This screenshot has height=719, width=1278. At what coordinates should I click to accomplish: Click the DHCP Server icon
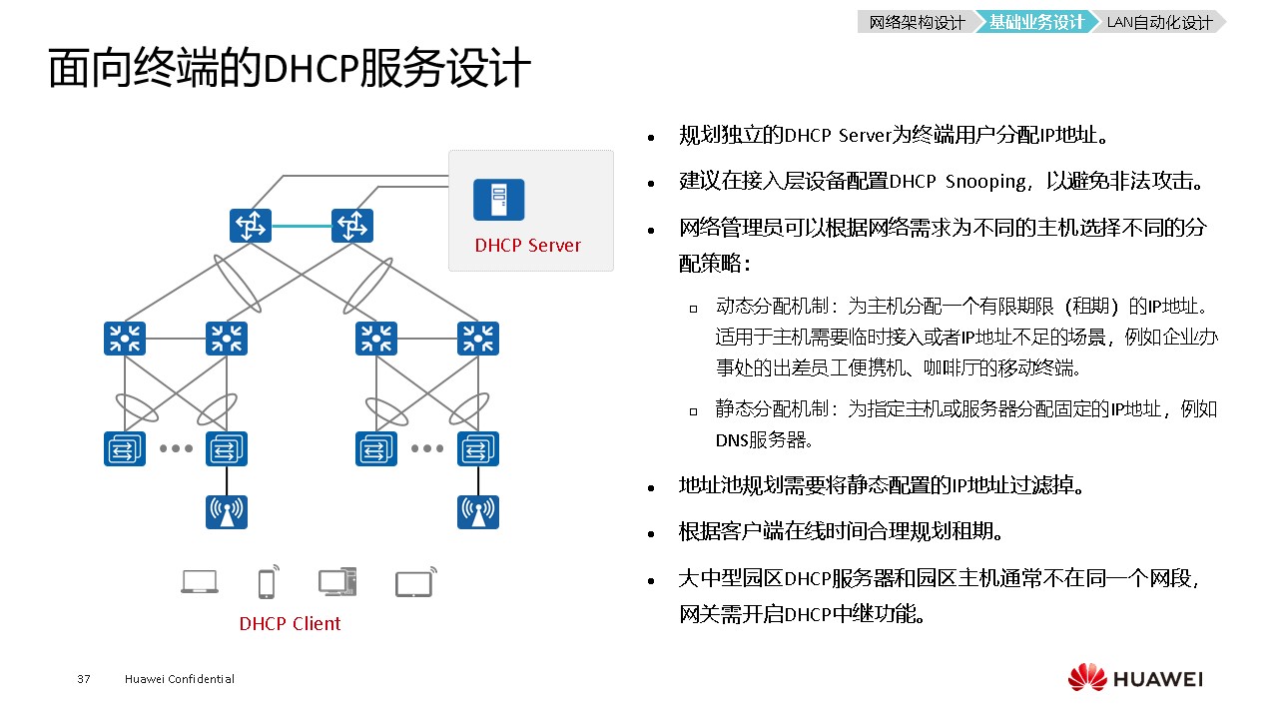click(498, 200)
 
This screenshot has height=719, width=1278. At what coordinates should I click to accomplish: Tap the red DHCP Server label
click(527, 246)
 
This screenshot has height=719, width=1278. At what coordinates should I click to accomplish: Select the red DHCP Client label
click(290, 624)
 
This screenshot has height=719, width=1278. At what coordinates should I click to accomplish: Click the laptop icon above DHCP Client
click(200, 582)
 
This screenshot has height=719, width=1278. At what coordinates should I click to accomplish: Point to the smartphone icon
click(267, 582)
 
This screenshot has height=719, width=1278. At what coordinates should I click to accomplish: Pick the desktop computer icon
click(336, 581)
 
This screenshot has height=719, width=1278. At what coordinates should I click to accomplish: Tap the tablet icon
click(413, 583)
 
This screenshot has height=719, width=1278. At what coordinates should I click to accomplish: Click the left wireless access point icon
click(227, 511)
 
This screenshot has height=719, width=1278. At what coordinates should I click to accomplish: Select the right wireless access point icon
click(478, 511)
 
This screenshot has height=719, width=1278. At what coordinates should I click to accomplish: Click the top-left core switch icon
click(250, 226)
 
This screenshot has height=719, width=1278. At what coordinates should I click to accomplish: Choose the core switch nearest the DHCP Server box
click(351, 226)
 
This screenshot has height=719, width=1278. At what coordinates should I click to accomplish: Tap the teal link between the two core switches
click(301, 226)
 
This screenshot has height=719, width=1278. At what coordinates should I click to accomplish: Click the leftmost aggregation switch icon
click(125, 339)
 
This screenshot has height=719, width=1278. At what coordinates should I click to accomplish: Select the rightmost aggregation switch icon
click(478, 339)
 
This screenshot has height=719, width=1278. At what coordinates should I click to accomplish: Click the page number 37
click(84, 680)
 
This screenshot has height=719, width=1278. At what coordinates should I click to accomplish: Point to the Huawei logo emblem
click(1087, 678)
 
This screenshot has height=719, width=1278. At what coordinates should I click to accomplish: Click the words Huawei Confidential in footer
click(180, 680)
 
